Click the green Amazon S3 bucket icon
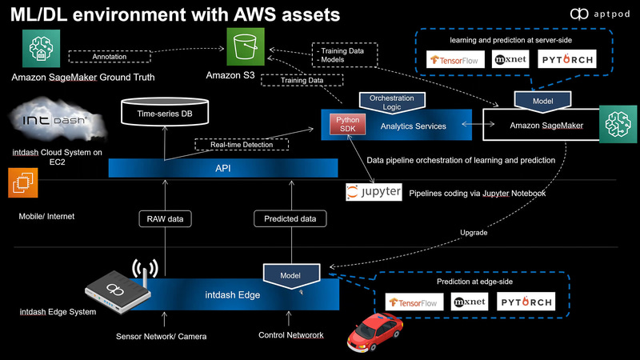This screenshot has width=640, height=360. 246,46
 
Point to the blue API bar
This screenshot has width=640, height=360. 224,167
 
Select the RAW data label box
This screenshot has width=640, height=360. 164,218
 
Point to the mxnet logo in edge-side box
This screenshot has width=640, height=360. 469,302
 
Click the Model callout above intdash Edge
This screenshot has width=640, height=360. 291,273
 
